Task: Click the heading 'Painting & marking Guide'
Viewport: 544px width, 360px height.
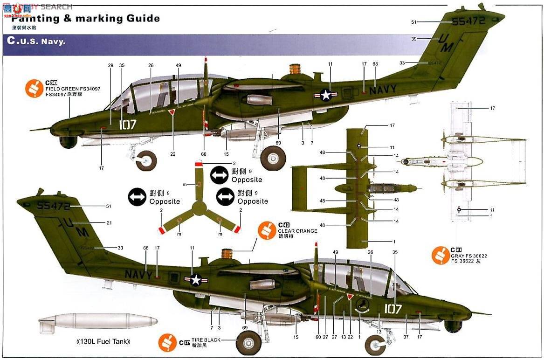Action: coord(86,19)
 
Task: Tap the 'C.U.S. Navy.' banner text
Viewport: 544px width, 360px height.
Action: coord(36,41)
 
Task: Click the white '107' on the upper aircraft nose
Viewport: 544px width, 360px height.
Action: coord(127,125)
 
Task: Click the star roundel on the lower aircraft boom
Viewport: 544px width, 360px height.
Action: coord(197,279)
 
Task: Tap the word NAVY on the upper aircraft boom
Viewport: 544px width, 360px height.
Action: coord(383,90)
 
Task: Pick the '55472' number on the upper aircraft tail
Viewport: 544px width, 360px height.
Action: coord(469,21)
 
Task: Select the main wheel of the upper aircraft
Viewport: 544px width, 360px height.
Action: coord(273,158)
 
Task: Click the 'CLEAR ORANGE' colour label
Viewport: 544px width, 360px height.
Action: coord(297,231)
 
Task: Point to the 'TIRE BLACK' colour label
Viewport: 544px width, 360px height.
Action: coord(206,340)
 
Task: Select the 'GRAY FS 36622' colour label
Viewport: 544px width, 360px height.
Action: coord(468,256)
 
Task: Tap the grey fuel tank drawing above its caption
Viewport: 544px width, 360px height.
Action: coord(98,322)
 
